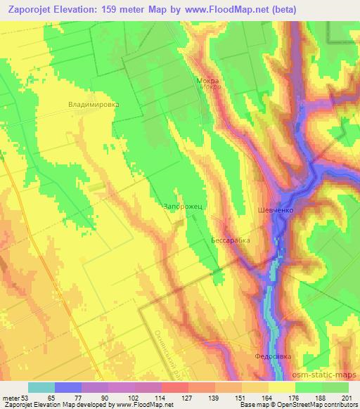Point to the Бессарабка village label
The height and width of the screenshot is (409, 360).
click(231, 240)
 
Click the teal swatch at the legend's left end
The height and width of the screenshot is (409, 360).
click(41, 387)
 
